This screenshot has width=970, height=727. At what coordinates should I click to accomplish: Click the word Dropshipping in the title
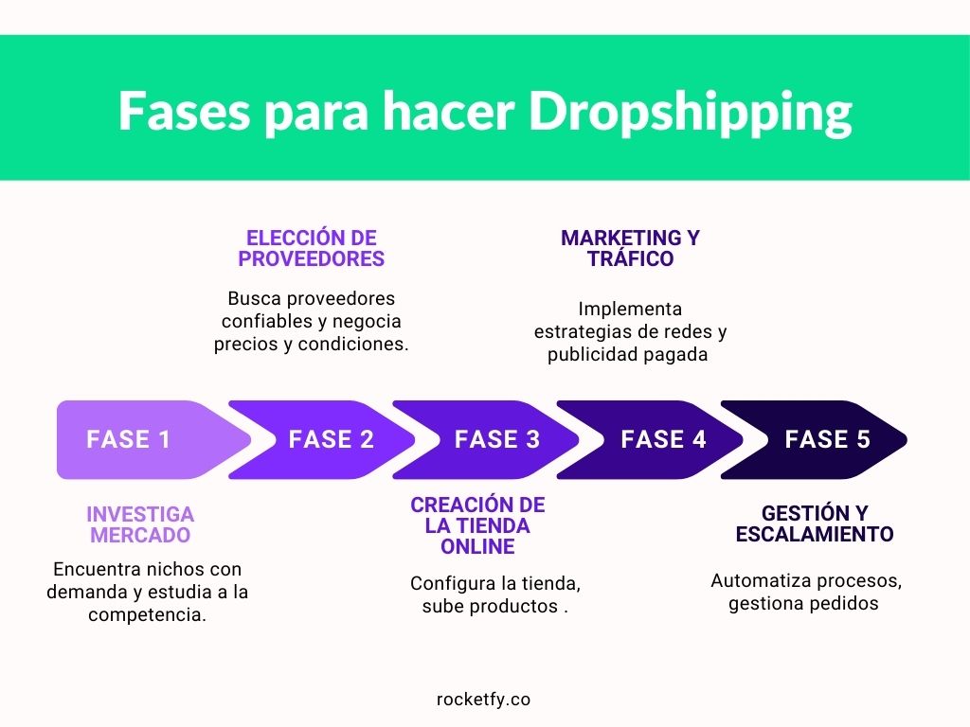[691, 113]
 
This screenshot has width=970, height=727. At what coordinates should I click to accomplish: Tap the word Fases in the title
[185, 112]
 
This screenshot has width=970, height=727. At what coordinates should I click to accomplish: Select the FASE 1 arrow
[154, 439]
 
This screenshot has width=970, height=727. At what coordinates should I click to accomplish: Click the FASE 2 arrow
[322, 439]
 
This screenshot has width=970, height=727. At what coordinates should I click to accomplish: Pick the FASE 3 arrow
[486, 439]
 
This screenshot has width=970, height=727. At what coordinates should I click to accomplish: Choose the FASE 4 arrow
[650, 439]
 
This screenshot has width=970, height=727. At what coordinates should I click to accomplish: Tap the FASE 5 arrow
[814, 439]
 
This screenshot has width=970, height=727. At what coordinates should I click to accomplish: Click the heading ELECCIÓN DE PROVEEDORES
[311, 248]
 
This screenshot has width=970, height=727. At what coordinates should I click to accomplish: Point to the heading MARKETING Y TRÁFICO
[630, 248]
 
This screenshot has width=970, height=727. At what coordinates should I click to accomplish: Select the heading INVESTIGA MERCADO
[140, 524]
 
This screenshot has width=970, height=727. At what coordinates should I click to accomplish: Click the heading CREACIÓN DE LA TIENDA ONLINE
[477, 525]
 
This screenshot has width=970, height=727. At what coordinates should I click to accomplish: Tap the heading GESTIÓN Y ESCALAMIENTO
[815, 523]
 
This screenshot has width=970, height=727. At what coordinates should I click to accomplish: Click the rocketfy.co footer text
[483, 700]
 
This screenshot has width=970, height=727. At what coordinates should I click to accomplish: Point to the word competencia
[147, 615]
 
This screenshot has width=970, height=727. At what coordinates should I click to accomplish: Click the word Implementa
[630, 310]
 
